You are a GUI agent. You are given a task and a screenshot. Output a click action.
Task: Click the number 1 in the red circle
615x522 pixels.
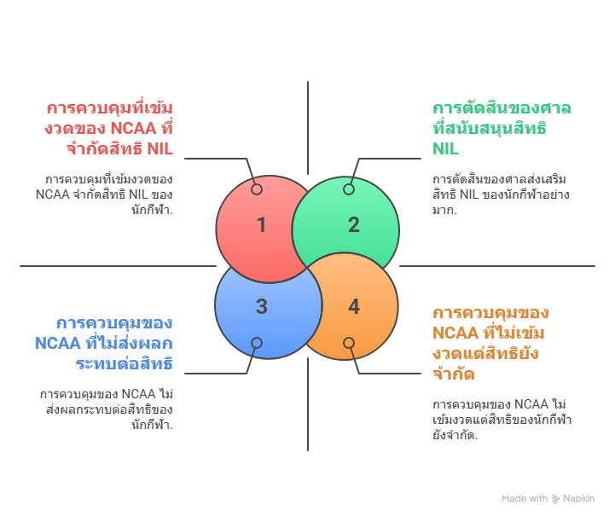261,225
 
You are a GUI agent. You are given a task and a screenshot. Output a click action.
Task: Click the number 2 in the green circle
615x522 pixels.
353,225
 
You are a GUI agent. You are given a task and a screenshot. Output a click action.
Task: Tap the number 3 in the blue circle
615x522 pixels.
261,307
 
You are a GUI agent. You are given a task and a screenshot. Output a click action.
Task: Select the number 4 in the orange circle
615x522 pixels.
354,307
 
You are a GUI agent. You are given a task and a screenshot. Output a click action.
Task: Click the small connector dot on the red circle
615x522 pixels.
256,189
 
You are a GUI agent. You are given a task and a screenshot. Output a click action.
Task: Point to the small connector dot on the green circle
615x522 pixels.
349,189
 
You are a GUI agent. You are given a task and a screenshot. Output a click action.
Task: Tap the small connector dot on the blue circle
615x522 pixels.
256,343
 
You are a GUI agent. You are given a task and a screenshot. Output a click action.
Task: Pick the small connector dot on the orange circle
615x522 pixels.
349,343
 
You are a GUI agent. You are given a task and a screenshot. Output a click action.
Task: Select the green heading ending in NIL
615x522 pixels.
501,129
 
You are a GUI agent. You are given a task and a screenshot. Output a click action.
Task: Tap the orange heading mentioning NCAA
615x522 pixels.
490,343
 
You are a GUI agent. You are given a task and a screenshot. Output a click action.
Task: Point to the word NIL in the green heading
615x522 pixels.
445,149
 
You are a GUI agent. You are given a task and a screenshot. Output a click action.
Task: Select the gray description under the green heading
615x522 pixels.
500,194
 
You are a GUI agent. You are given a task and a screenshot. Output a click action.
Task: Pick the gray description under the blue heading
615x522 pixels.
106,409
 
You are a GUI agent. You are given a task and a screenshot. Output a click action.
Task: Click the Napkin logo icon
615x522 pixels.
556,499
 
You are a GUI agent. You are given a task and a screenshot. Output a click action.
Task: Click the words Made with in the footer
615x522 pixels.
524,499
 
